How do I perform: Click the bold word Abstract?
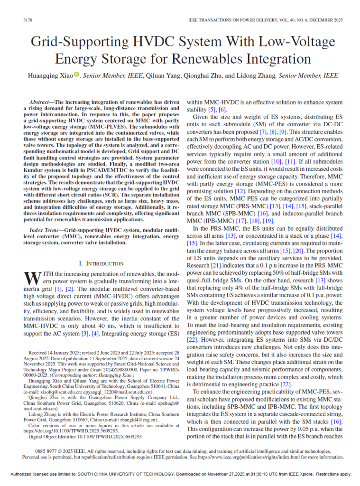41,102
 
